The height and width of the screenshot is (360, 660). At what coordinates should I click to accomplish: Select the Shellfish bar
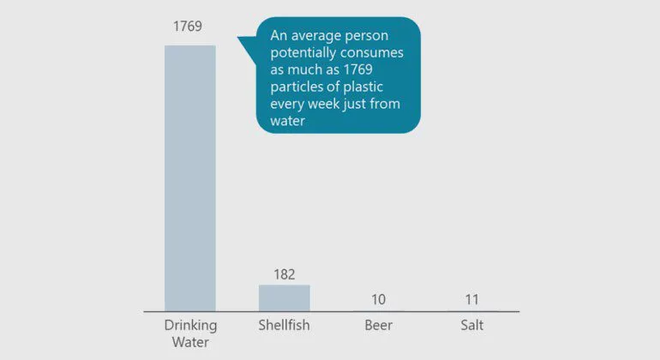coord(285,297)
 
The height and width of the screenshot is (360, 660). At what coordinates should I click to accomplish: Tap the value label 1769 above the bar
coord(188,26)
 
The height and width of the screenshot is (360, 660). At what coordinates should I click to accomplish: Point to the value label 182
coord(285,274)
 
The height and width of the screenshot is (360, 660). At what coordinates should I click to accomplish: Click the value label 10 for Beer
coord(378,299)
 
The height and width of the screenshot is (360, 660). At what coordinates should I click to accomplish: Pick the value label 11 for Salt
coord(472,299)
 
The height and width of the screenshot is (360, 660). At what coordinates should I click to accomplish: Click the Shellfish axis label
coord(285,326)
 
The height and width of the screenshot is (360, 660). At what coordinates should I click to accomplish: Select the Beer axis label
coord(378,326)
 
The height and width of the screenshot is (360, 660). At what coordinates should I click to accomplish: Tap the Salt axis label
coord(472,326)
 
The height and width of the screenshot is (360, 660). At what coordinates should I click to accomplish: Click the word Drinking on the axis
coord(190,326)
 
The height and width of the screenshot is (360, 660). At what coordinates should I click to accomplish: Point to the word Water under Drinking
coord(190,342)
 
